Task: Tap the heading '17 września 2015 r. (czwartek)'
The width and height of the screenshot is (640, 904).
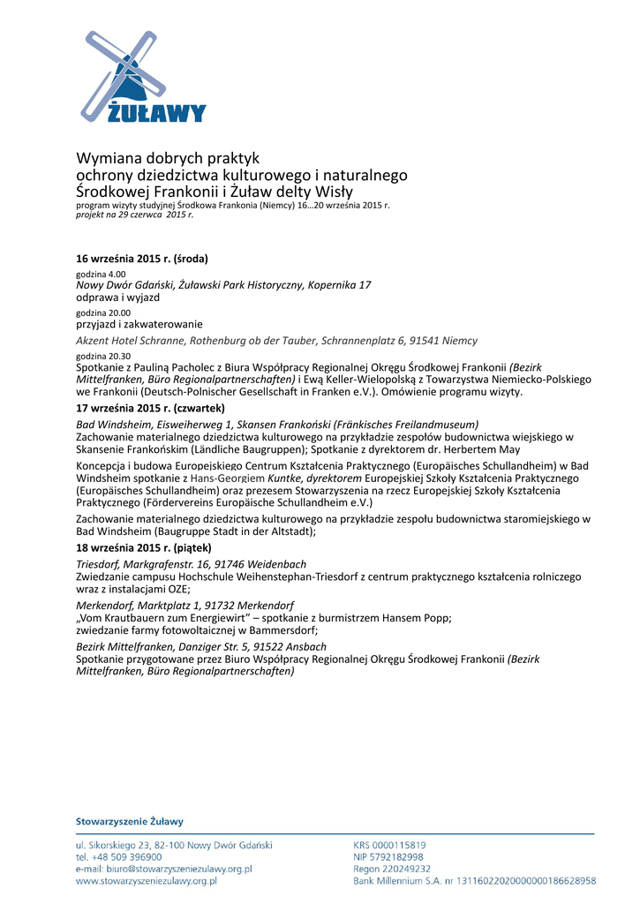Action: click(x=150, y=409)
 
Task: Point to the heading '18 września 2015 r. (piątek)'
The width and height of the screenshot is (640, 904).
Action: click(x=143, y=548)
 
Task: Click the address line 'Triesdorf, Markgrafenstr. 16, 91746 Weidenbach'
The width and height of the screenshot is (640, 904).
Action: click(x=192, y=564)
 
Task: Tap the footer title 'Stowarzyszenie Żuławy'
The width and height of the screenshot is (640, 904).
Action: click(x=130, y=822)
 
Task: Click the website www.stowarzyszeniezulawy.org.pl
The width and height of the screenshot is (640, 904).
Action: click(x=147, y=881)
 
